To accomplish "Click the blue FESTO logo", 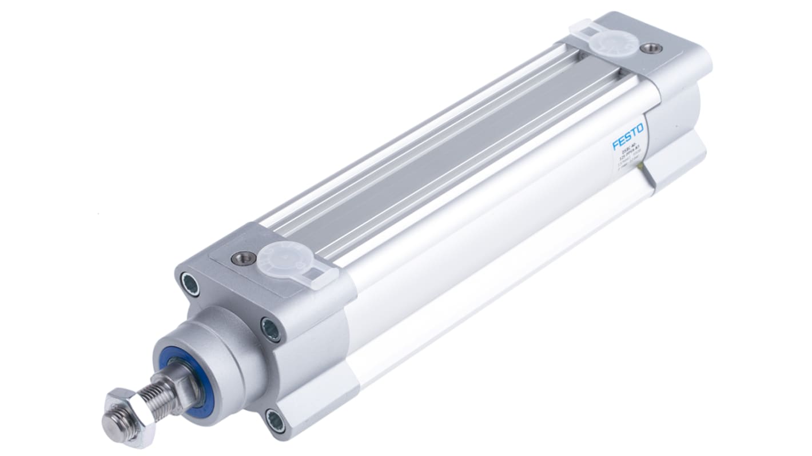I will [x=628, y=136].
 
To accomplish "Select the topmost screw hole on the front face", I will [x=190, y=283].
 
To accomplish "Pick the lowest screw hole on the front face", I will [x=275, y=421].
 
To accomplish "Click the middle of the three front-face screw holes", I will [x=270, y=329].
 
